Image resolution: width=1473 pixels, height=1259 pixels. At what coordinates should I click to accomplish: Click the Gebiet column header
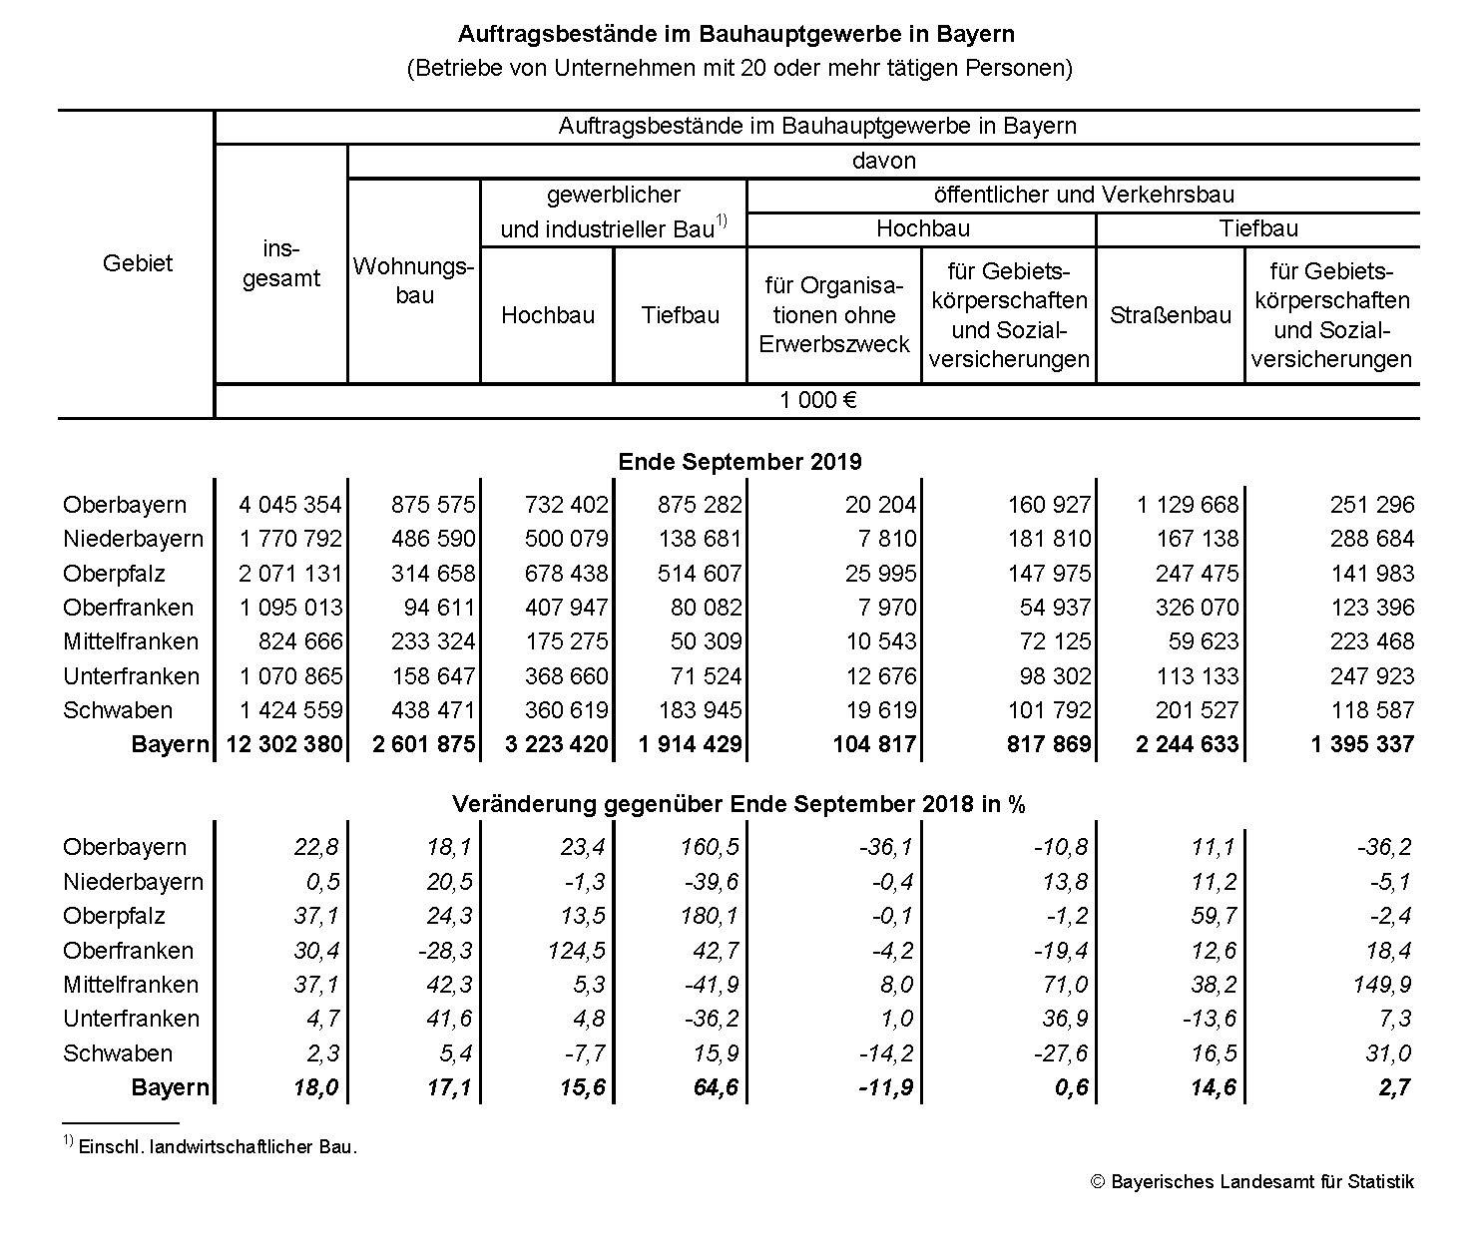[x=138, y=263]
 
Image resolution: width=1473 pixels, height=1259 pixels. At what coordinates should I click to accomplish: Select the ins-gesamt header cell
[x=281, y=263]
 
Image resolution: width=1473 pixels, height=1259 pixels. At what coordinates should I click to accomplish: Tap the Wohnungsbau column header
[x=414, y=280]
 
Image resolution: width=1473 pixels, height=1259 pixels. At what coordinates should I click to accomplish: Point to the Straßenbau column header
[x=1171, y=315]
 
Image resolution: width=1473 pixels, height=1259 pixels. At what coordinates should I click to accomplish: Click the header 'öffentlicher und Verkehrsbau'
[x=1084, y=195]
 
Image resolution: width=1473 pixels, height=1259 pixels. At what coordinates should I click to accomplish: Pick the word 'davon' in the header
[x=883, y=161]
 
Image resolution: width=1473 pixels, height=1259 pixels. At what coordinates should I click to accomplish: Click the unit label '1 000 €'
[x=817, y=400]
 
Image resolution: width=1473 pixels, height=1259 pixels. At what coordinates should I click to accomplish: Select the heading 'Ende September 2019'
[x=739, y=462]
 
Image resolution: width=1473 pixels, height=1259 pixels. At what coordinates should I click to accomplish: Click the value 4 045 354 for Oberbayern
[x=290, y=505]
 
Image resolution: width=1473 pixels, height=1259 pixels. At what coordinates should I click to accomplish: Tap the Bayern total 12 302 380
[x=284, y=744]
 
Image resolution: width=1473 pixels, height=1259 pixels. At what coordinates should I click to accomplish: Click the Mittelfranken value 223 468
[x=1372, y=641]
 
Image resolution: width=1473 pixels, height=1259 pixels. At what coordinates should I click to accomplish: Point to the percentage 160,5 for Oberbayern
[x=711, y=847]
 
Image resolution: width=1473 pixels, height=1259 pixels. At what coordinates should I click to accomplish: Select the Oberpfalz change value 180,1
[x=711, y=916]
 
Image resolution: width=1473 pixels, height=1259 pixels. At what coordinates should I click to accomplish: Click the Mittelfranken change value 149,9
[x=1382, y=985]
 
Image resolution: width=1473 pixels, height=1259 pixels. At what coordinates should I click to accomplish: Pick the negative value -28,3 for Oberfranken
[x=444, y=951]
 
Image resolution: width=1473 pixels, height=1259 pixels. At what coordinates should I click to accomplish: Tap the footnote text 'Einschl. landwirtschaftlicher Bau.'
[x=217, y=1147]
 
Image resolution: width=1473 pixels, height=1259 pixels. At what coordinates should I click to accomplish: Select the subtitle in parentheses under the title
[x=738, y=68]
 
